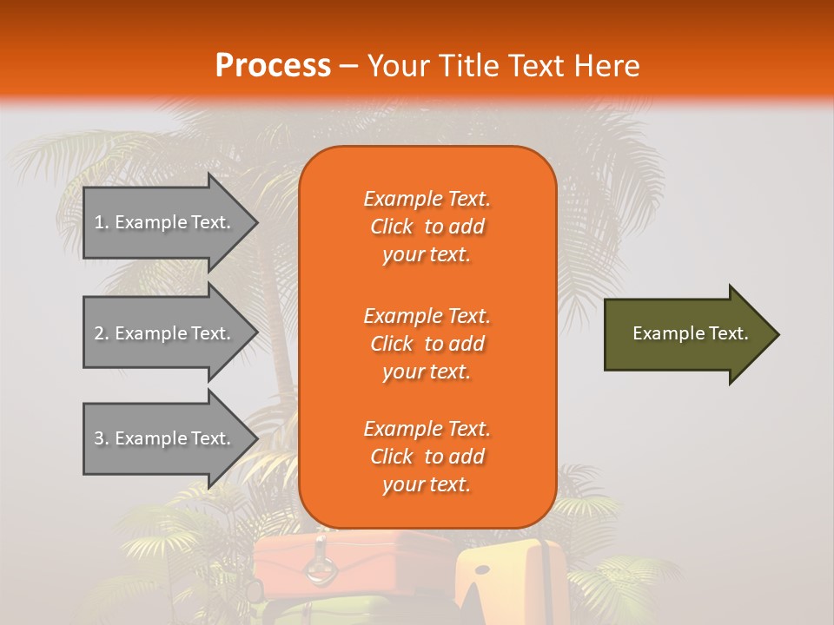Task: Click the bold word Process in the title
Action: [273, 66]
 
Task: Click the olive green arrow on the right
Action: [686, 334]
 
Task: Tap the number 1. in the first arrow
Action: [101, 222]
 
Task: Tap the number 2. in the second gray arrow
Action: [101, 333]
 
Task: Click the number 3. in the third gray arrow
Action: [101, 438]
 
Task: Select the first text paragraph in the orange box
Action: [427, 227]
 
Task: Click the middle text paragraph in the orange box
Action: [427, 344]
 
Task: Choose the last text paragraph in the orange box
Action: [427, 457]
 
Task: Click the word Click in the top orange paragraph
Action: [392, 227]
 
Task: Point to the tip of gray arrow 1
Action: [256, 222]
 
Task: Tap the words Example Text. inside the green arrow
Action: [690, 333]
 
